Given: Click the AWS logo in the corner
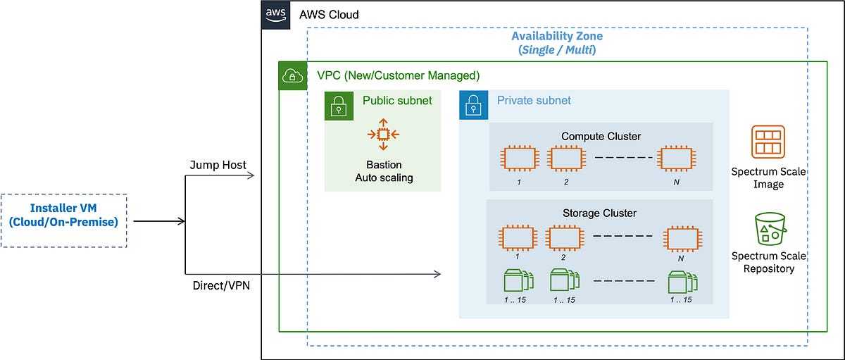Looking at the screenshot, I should click(275, 14).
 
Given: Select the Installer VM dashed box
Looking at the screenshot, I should click(63, 221).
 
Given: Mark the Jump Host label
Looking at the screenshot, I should click(218, 165).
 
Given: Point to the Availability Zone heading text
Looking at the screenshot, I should click(556, 36).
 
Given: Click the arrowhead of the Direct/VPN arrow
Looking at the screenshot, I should click(437, 273).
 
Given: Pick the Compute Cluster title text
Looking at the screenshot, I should click(601, 135).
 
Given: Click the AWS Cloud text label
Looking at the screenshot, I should click(328, 14).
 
